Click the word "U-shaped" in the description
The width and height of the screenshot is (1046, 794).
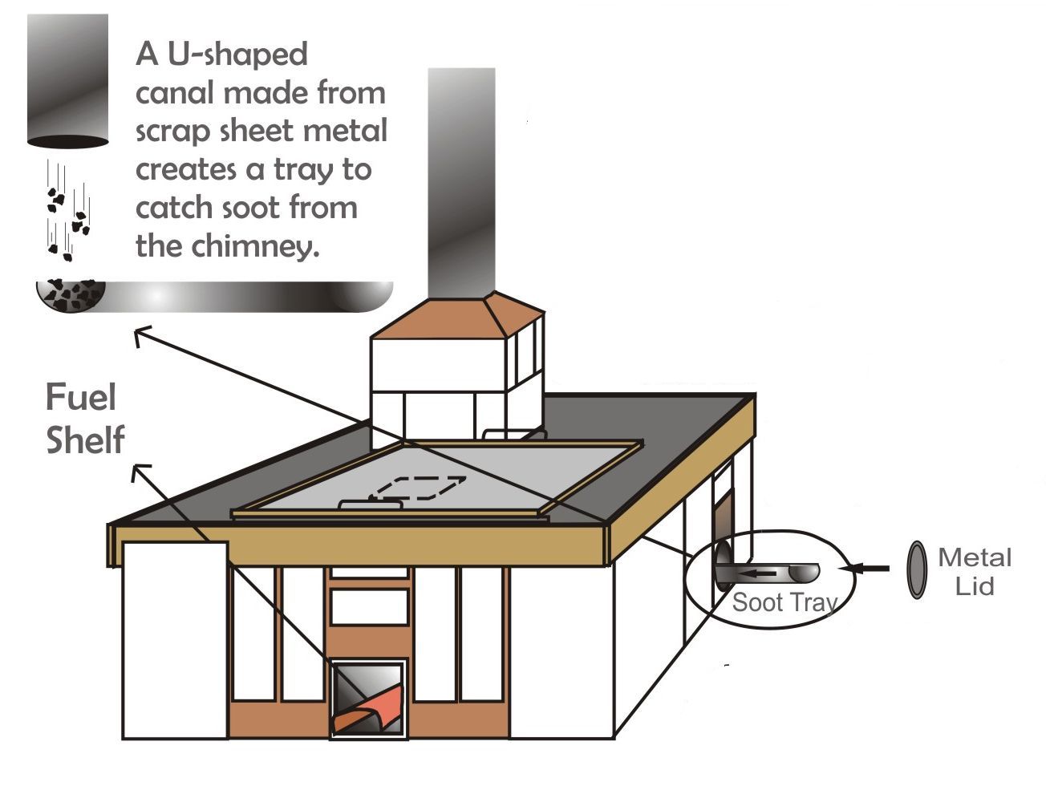pos(237,55)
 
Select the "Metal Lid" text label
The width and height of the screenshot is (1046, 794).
pos(974,571)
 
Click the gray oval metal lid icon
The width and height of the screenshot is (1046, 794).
pos(916,570)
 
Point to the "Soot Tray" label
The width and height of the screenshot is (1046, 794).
pos(784,602)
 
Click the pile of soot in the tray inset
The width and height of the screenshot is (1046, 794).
pos(71,294)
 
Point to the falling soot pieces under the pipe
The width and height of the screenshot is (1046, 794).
pos(66,213)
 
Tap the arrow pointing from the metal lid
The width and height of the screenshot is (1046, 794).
pos(866,569)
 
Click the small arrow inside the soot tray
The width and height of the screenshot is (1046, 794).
pos(757,573)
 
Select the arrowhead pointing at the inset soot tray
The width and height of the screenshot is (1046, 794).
pos(141,335)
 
